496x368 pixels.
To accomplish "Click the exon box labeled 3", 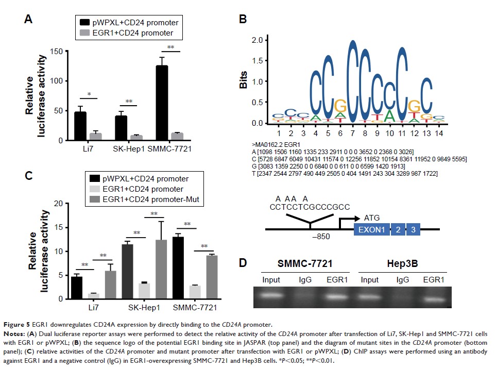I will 413,229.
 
